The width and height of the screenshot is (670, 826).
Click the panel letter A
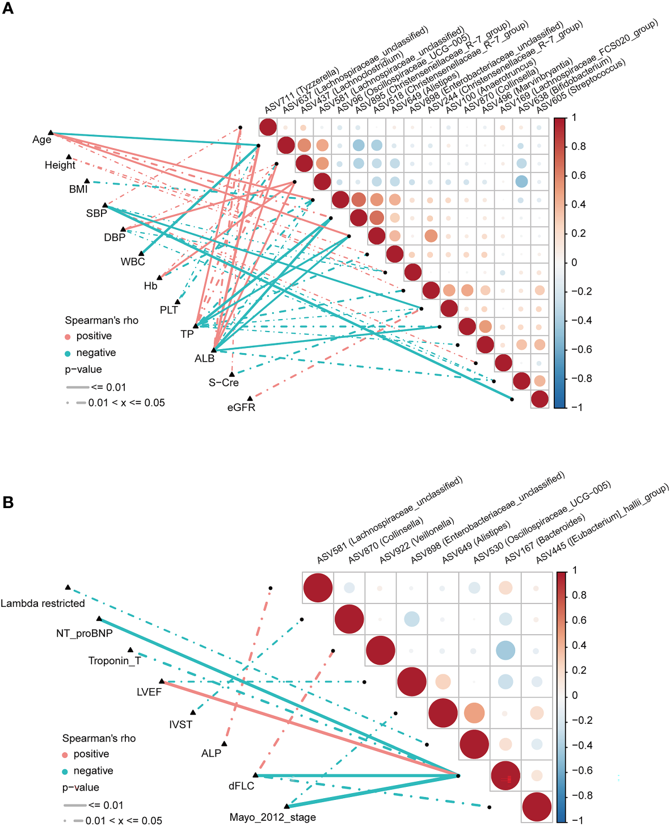tap(8, 9)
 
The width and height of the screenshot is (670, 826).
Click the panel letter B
tap(8, 502)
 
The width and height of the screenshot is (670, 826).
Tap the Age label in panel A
tap(42, 140)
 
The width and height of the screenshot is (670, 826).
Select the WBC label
tap(133, 262)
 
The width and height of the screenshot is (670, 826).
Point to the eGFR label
tap(241, 407)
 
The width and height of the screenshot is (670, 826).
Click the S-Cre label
tap(224, 383)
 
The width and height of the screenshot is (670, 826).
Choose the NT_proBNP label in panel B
tap(84, 633)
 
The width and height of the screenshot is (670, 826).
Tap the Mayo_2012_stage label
tap(272, 817)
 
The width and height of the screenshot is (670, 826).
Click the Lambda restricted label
tap(43, 603)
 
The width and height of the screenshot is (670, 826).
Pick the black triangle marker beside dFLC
tap(255, 775)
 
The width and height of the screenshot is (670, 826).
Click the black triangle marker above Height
tap(69, 157)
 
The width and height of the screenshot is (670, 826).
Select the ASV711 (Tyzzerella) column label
tap(302, 91)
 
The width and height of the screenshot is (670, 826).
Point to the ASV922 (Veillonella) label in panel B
tap(417, 540)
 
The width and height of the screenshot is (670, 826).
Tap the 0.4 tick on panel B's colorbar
tap(579, 645)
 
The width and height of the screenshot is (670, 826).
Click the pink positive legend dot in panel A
tap(68, 337)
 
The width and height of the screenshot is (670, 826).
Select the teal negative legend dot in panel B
tap(65, 772)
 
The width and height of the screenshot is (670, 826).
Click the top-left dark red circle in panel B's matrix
tap(318, 588)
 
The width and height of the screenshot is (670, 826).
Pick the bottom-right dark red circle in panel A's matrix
tap(540, 399)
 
